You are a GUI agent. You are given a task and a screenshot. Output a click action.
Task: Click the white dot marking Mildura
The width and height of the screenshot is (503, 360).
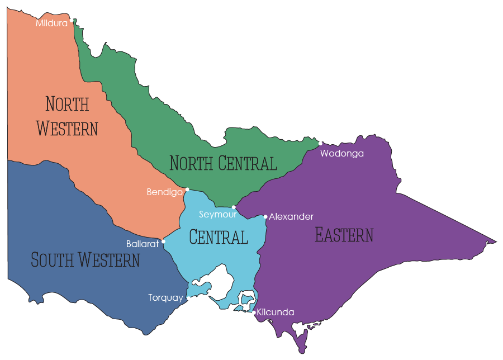(72, 20)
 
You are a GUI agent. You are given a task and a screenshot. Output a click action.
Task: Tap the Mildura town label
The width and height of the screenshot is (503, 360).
(51, 23)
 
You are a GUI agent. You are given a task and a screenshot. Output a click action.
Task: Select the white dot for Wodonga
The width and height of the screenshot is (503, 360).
(320, 143)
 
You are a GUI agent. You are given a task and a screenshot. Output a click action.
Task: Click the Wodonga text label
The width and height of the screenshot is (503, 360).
(341, 153)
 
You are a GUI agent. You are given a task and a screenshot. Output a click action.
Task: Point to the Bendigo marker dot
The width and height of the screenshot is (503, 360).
(187, 190)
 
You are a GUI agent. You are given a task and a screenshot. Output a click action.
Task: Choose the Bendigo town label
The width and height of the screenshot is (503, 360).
(164, 192)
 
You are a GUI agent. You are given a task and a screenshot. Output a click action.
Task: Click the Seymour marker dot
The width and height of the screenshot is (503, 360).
(234, 207)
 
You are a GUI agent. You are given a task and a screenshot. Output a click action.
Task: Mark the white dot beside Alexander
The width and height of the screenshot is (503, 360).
(265, 216)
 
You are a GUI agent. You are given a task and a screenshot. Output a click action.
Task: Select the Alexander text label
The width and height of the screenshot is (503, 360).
(291, 216)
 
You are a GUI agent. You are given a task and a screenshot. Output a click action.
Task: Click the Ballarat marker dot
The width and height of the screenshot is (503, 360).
(163, 242)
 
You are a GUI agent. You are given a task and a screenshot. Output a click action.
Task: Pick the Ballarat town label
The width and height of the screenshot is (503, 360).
(143, 244)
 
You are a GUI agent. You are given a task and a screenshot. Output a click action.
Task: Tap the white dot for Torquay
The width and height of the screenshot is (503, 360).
(188, 299)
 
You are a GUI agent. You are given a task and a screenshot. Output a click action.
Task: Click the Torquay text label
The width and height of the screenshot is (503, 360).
(165, 298)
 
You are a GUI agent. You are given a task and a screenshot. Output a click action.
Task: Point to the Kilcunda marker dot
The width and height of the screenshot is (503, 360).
(254, 312)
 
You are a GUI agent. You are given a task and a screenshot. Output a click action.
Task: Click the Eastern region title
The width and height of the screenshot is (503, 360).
(344, 235)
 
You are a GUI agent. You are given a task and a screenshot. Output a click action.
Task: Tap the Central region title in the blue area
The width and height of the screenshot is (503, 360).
(218, 237)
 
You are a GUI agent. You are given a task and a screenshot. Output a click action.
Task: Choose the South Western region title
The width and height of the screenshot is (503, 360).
(85, 260)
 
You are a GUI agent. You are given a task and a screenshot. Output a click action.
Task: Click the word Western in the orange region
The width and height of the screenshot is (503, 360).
(67, 128)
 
